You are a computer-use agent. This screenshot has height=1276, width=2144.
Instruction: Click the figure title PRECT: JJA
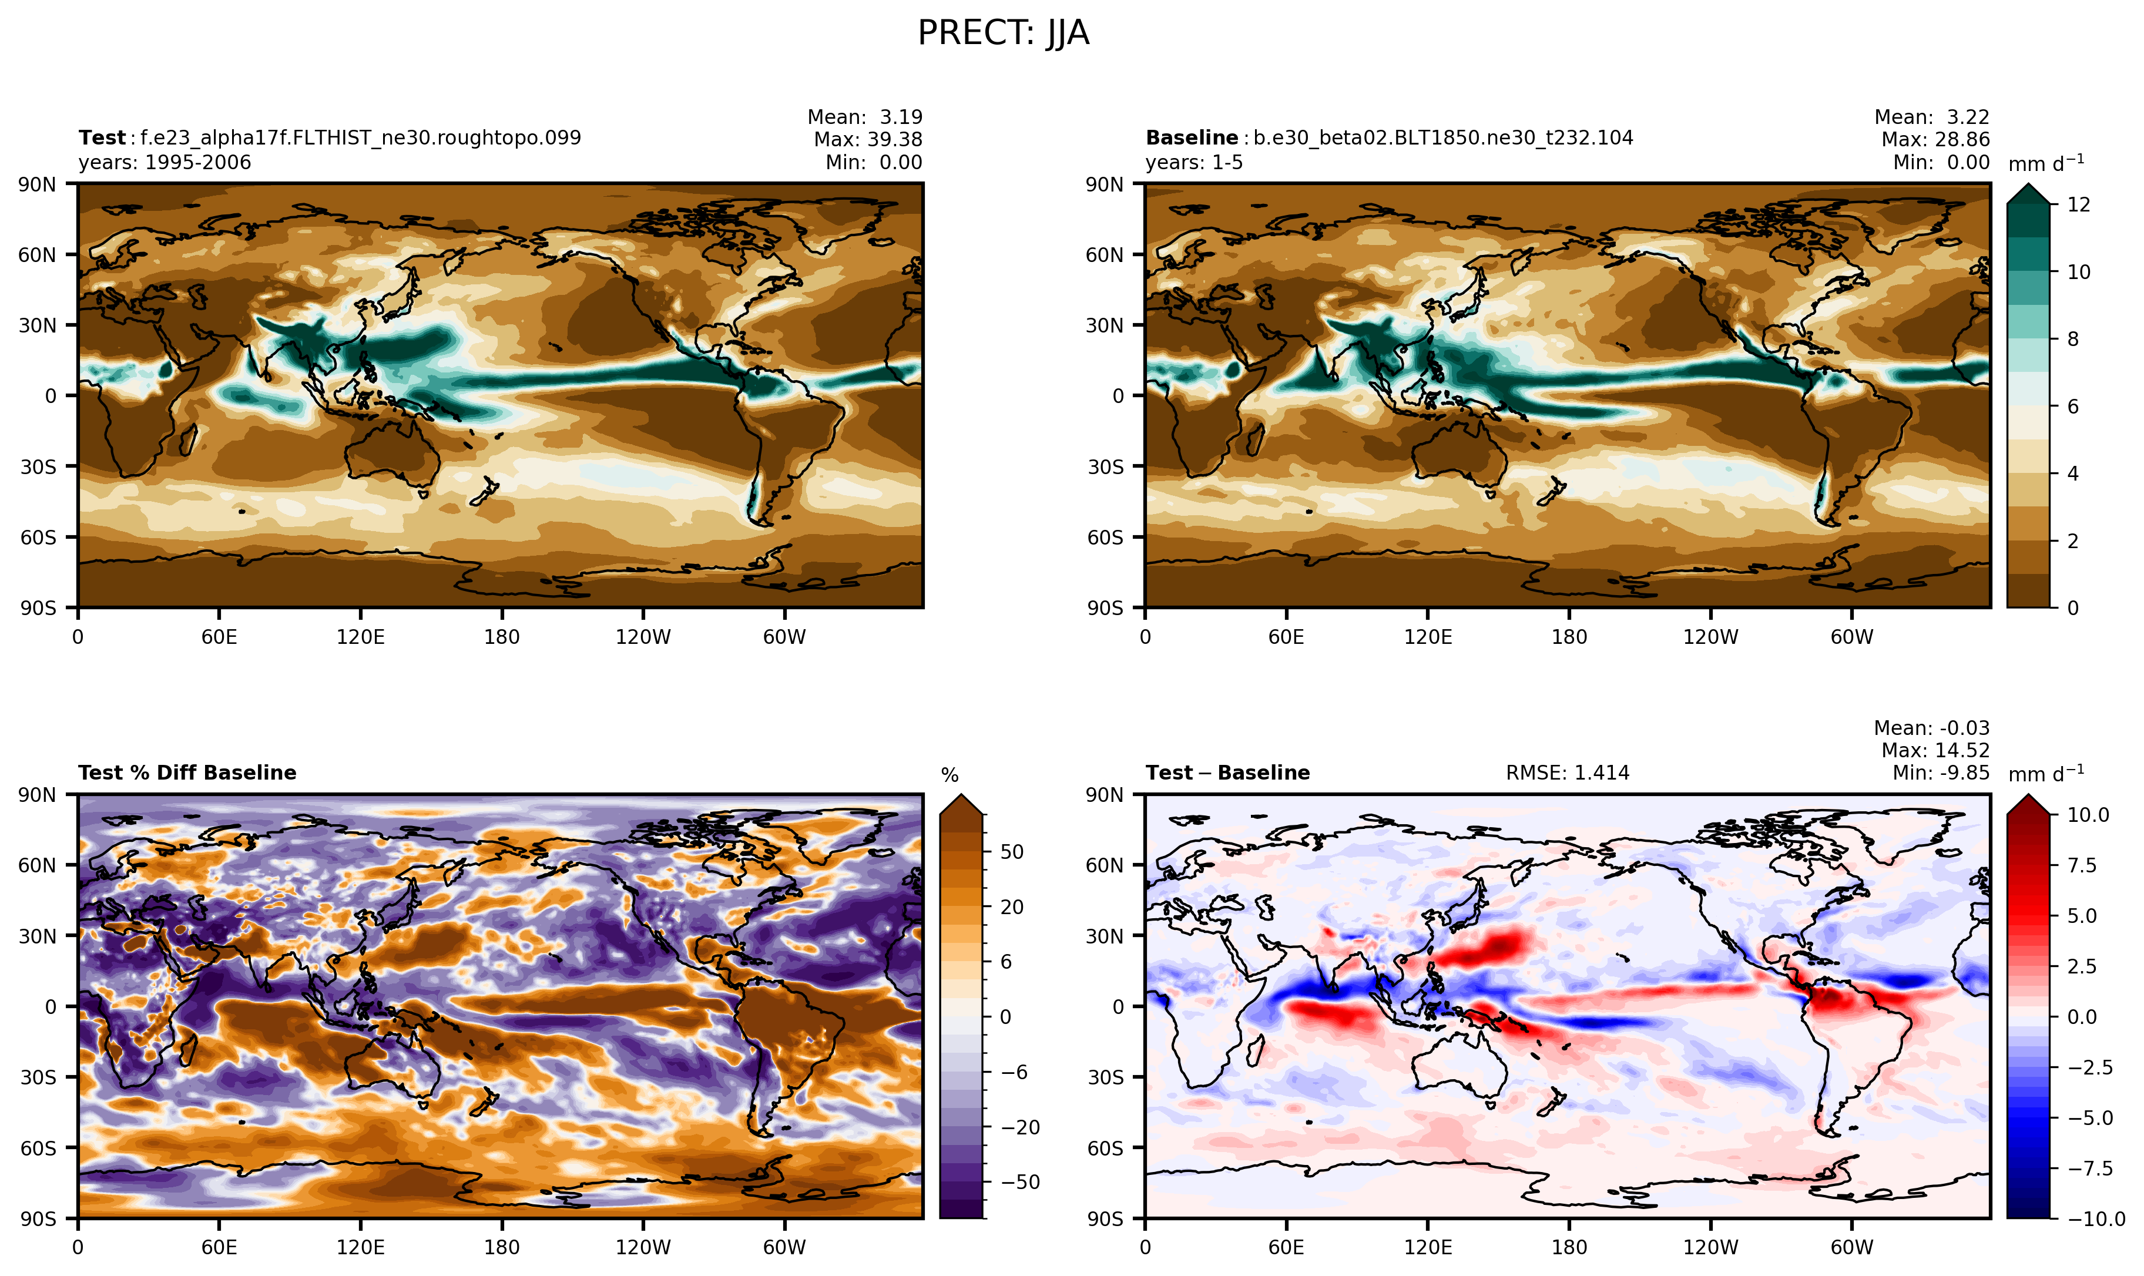[x=1003, y=33]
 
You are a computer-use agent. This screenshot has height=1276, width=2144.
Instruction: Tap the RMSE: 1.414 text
[x=1567, y=773]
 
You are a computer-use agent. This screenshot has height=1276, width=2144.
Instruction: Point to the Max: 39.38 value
[x=868, y=139]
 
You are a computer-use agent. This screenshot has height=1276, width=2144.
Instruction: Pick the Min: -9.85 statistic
[x=1940, y=773]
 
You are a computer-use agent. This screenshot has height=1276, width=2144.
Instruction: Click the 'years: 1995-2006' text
[x=165, y=163]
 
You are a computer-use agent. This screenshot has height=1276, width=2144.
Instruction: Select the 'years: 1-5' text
[x=1194, y=163]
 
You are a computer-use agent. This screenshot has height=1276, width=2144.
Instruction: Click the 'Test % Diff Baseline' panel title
[x=187, y=773]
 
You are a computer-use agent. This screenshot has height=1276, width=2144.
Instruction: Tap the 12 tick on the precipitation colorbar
[x=2079, y=204]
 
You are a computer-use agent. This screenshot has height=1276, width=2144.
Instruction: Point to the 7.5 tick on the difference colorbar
[x=2081, y=865]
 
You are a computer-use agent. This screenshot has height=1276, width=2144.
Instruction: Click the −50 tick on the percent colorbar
[x=1020, y=1182]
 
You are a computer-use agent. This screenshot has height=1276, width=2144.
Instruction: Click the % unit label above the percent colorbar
[x=949, y=775]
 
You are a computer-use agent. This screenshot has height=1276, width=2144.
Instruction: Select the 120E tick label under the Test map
[x=360, y=637]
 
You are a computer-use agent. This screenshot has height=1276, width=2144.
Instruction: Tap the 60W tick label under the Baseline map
[x=1851, y=637]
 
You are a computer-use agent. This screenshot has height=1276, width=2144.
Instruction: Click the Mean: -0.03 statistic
[x=1931, y=728]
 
